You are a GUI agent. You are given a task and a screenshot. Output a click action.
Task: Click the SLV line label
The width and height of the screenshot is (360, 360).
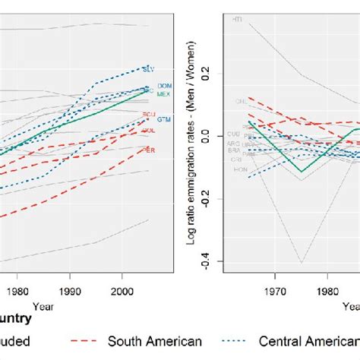pos(148,69)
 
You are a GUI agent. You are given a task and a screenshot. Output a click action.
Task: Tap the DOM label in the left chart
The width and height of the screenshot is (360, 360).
pos(163,87)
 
